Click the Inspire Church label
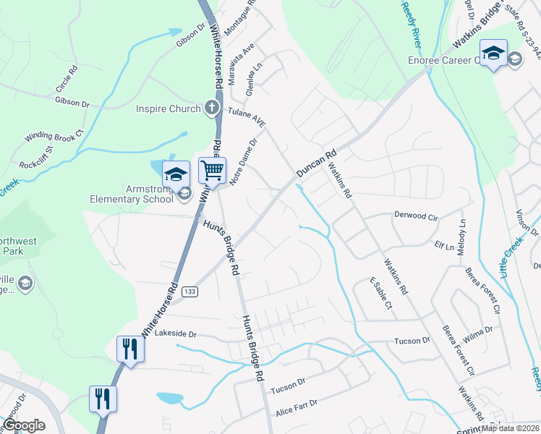(168, 109)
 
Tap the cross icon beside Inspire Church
(212, 109)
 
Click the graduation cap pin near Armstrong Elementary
(176, 174)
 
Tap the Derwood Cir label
(416, 216)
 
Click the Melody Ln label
(462, 234)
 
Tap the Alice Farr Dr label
(297, 409)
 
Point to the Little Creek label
(510, 257)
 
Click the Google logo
(24, 425)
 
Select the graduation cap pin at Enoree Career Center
(493, 54)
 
